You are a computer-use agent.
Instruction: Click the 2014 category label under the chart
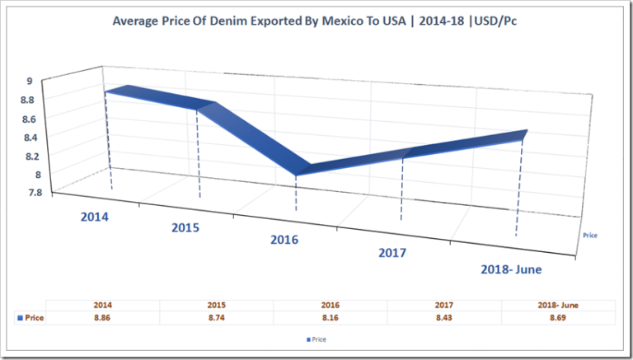point(97,218)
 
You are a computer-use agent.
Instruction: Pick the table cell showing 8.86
point(101,317)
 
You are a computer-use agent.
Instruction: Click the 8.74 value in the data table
point(216,317)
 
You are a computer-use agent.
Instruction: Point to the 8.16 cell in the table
point(330,317)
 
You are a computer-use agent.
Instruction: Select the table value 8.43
point(443,317)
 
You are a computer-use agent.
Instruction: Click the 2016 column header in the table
point(330,305)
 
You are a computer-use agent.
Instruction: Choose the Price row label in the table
point(33,317)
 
